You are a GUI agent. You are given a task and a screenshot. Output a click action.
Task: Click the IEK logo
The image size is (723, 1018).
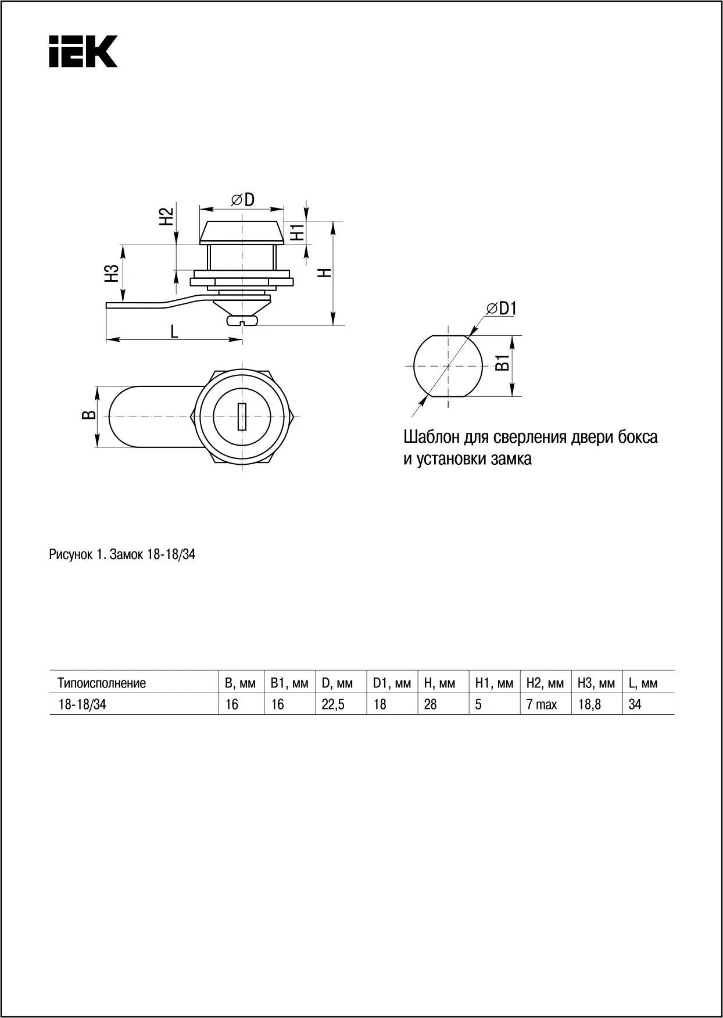point(83,52)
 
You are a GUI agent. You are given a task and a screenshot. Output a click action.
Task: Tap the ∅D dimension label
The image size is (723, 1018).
point(243,200)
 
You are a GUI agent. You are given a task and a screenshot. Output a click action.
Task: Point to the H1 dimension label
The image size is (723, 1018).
point(298,232)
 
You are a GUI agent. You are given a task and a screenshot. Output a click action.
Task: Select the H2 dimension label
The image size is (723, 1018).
point(167,217)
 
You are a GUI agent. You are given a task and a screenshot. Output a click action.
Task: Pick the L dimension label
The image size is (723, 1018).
point(174,332)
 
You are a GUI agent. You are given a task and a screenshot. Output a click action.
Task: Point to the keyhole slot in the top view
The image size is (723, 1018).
point(242,417)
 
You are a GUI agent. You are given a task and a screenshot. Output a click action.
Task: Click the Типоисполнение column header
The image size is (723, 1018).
point(102,683)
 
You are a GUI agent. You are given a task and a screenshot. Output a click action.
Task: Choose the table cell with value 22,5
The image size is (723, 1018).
point(333,704)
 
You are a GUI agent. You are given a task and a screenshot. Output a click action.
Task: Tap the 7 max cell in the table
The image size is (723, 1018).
point(541,705)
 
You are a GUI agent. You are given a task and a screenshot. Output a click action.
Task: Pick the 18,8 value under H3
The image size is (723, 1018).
point(589,704)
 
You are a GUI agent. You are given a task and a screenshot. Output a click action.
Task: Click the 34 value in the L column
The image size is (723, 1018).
point(635,704)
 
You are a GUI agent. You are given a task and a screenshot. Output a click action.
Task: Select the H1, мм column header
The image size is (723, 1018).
point(494,683)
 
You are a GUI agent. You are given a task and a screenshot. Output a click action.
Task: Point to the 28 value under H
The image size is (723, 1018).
point(430,704)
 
